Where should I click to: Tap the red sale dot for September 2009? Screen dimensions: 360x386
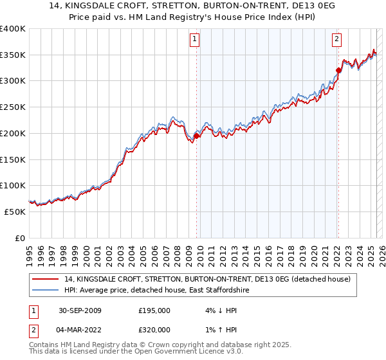pyautogui.click(x=196, y=136)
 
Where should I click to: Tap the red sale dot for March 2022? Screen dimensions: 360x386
pyautogui.click(x=338, y=70)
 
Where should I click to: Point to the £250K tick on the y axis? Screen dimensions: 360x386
pyautogui.click(x=14, y=107)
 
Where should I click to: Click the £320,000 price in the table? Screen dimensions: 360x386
pyautogui.click(x=154, y=330)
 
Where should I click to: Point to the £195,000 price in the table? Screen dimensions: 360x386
pyautogui.click(x=154, y=310)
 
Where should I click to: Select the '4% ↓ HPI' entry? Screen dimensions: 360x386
pyautogui.click(x=212, y=310)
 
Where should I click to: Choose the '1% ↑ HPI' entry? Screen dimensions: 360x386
pyautogui.click(x=212, y=330)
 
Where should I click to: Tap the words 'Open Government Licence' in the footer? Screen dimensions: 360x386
pyautogui.click(x=165, y=352)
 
